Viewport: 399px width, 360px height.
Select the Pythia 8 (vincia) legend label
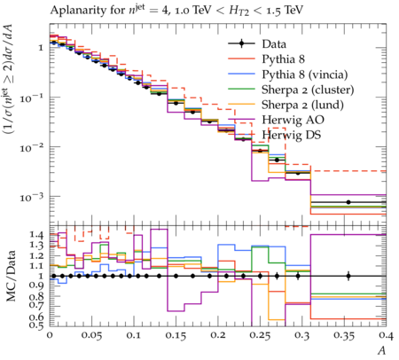[305, 74]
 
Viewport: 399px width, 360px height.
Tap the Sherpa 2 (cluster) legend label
[308, 90]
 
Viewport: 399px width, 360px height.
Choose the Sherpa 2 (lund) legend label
[302, 105]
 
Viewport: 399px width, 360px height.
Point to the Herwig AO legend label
[293, 120]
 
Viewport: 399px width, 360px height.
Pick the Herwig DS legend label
[292, 135]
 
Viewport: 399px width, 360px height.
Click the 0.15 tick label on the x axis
[176, 335]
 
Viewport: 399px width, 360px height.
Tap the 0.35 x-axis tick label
[344, 335]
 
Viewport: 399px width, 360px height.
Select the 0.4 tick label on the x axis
[386, 335]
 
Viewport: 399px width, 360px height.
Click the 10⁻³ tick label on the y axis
[32, 196]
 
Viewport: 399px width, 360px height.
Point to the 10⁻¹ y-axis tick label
[32, 97]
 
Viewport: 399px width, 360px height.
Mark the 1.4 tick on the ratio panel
[36, 235]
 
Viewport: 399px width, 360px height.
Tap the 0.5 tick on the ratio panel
[36, 325]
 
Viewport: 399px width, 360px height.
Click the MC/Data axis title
[11, 276]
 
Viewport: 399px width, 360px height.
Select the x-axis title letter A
[382, 350]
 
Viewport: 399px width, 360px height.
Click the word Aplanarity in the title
[74, 11]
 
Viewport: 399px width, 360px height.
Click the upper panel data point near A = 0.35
[348, 202]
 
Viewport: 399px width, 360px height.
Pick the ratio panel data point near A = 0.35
[348, 277]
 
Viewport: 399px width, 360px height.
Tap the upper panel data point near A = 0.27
[277, 160]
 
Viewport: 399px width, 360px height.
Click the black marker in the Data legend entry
[241, 43]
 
